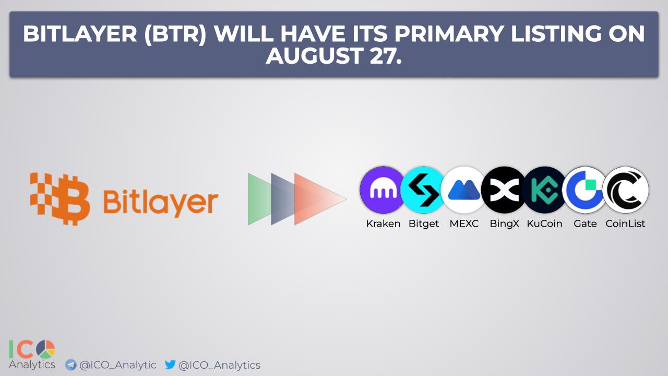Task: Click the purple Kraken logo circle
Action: pos(383,190)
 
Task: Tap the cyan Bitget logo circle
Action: pos(423,190)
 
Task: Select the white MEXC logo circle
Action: pos(464,190)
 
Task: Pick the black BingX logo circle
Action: pos(504,190)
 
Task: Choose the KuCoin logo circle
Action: pos(544,190)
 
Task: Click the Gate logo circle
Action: pos(585,190)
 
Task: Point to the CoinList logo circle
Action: pos(625,190)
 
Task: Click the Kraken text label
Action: pos(383,224)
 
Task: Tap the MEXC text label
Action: pos(464,224)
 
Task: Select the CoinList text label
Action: pos(625,224)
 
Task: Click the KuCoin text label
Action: pos(544,224)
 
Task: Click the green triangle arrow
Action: pos(259,199)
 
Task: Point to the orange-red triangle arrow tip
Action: pos(346,199)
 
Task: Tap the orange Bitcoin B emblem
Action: pos(60,199)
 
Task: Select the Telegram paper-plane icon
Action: pos(70,365)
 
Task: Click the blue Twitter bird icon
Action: pos(170,364)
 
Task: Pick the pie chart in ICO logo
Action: pos(45,349)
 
